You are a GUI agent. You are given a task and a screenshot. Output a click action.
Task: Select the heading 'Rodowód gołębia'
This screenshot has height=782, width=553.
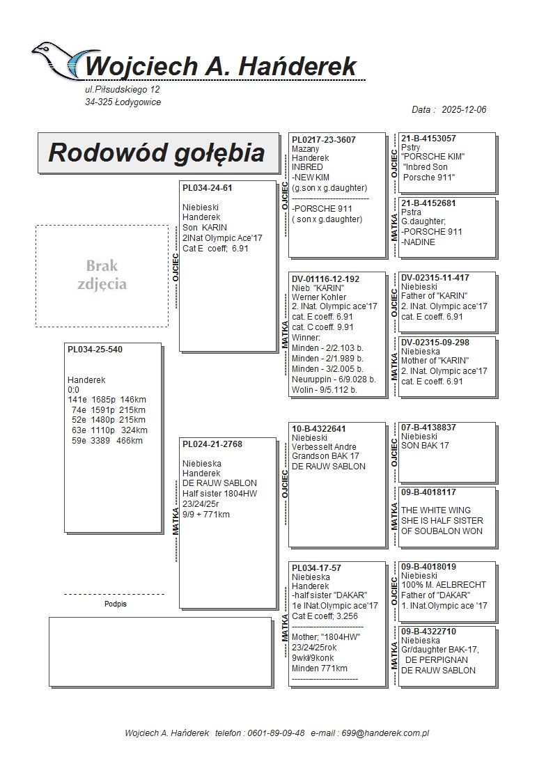pyautogui.click(x=156, y=153)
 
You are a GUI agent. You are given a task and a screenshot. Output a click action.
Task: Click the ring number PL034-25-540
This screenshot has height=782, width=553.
pyautogui.click(x=95, y=350)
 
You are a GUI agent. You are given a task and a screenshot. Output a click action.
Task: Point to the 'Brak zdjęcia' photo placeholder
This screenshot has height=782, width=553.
pyautogui.click(x=102, y=275)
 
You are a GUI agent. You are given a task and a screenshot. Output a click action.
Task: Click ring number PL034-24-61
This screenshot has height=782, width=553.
pyautogui.click(x=208, y=188)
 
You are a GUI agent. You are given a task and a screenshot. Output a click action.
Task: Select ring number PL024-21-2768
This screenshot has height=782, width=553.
pyautogui.click(x=212, y=444)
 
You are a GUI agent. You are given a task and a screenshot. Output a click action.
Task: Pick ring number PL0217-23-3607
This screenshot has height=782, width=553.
pyautogui.click(x=324, y=140)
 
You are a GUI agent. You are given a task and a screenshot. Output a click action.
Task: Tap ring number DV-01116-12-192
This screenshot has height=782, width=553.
pyautogui.click(x=326, y=279)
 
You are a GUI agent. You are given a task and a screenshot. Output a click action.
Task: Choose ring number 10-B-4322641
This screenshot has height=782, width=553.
pyautogui.click(x=319, y=429)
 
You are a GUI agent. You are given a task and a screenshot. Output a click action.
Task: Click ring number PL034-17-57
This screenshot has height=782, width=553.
pyautogui.click(x=317, y=568)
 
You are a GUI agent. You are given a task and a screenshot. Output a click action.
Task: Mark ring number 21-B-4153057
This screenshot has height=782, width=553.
pyautogui.click(x=429, y=139)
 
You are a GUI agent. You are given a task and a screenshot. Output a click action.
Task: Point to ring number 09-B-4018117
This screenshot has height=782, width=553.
pyautogui.click(x=429, y=492)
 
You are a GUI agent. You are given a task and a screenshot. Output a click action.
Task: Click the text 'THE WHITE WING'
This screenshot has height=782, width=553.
pyautogui.click(x=436, y=510)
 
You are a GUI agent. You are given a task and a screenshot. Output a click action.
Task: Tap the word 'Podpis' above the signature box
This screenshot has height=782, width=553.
pyautogui.click(x=116, y=604)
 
